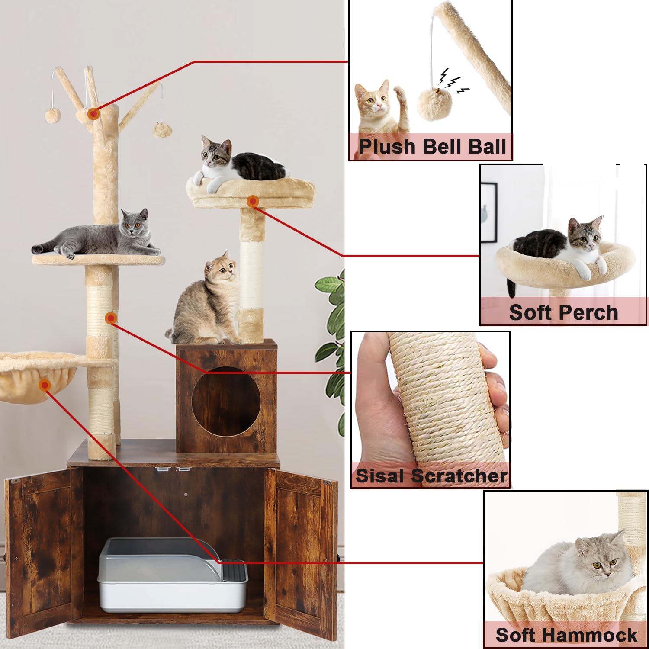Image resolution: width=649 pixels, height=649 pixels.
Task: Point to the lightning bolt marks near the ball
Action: point(452,82)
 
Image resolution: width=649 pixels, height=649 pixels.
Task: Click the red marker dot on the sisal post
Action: point(111,318)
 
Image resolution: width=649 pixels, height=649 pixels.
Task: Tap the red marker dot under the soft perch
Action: point(253,201)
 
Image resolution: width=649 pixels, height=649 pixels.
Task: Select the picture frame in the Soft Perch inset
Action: point(489,212)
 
